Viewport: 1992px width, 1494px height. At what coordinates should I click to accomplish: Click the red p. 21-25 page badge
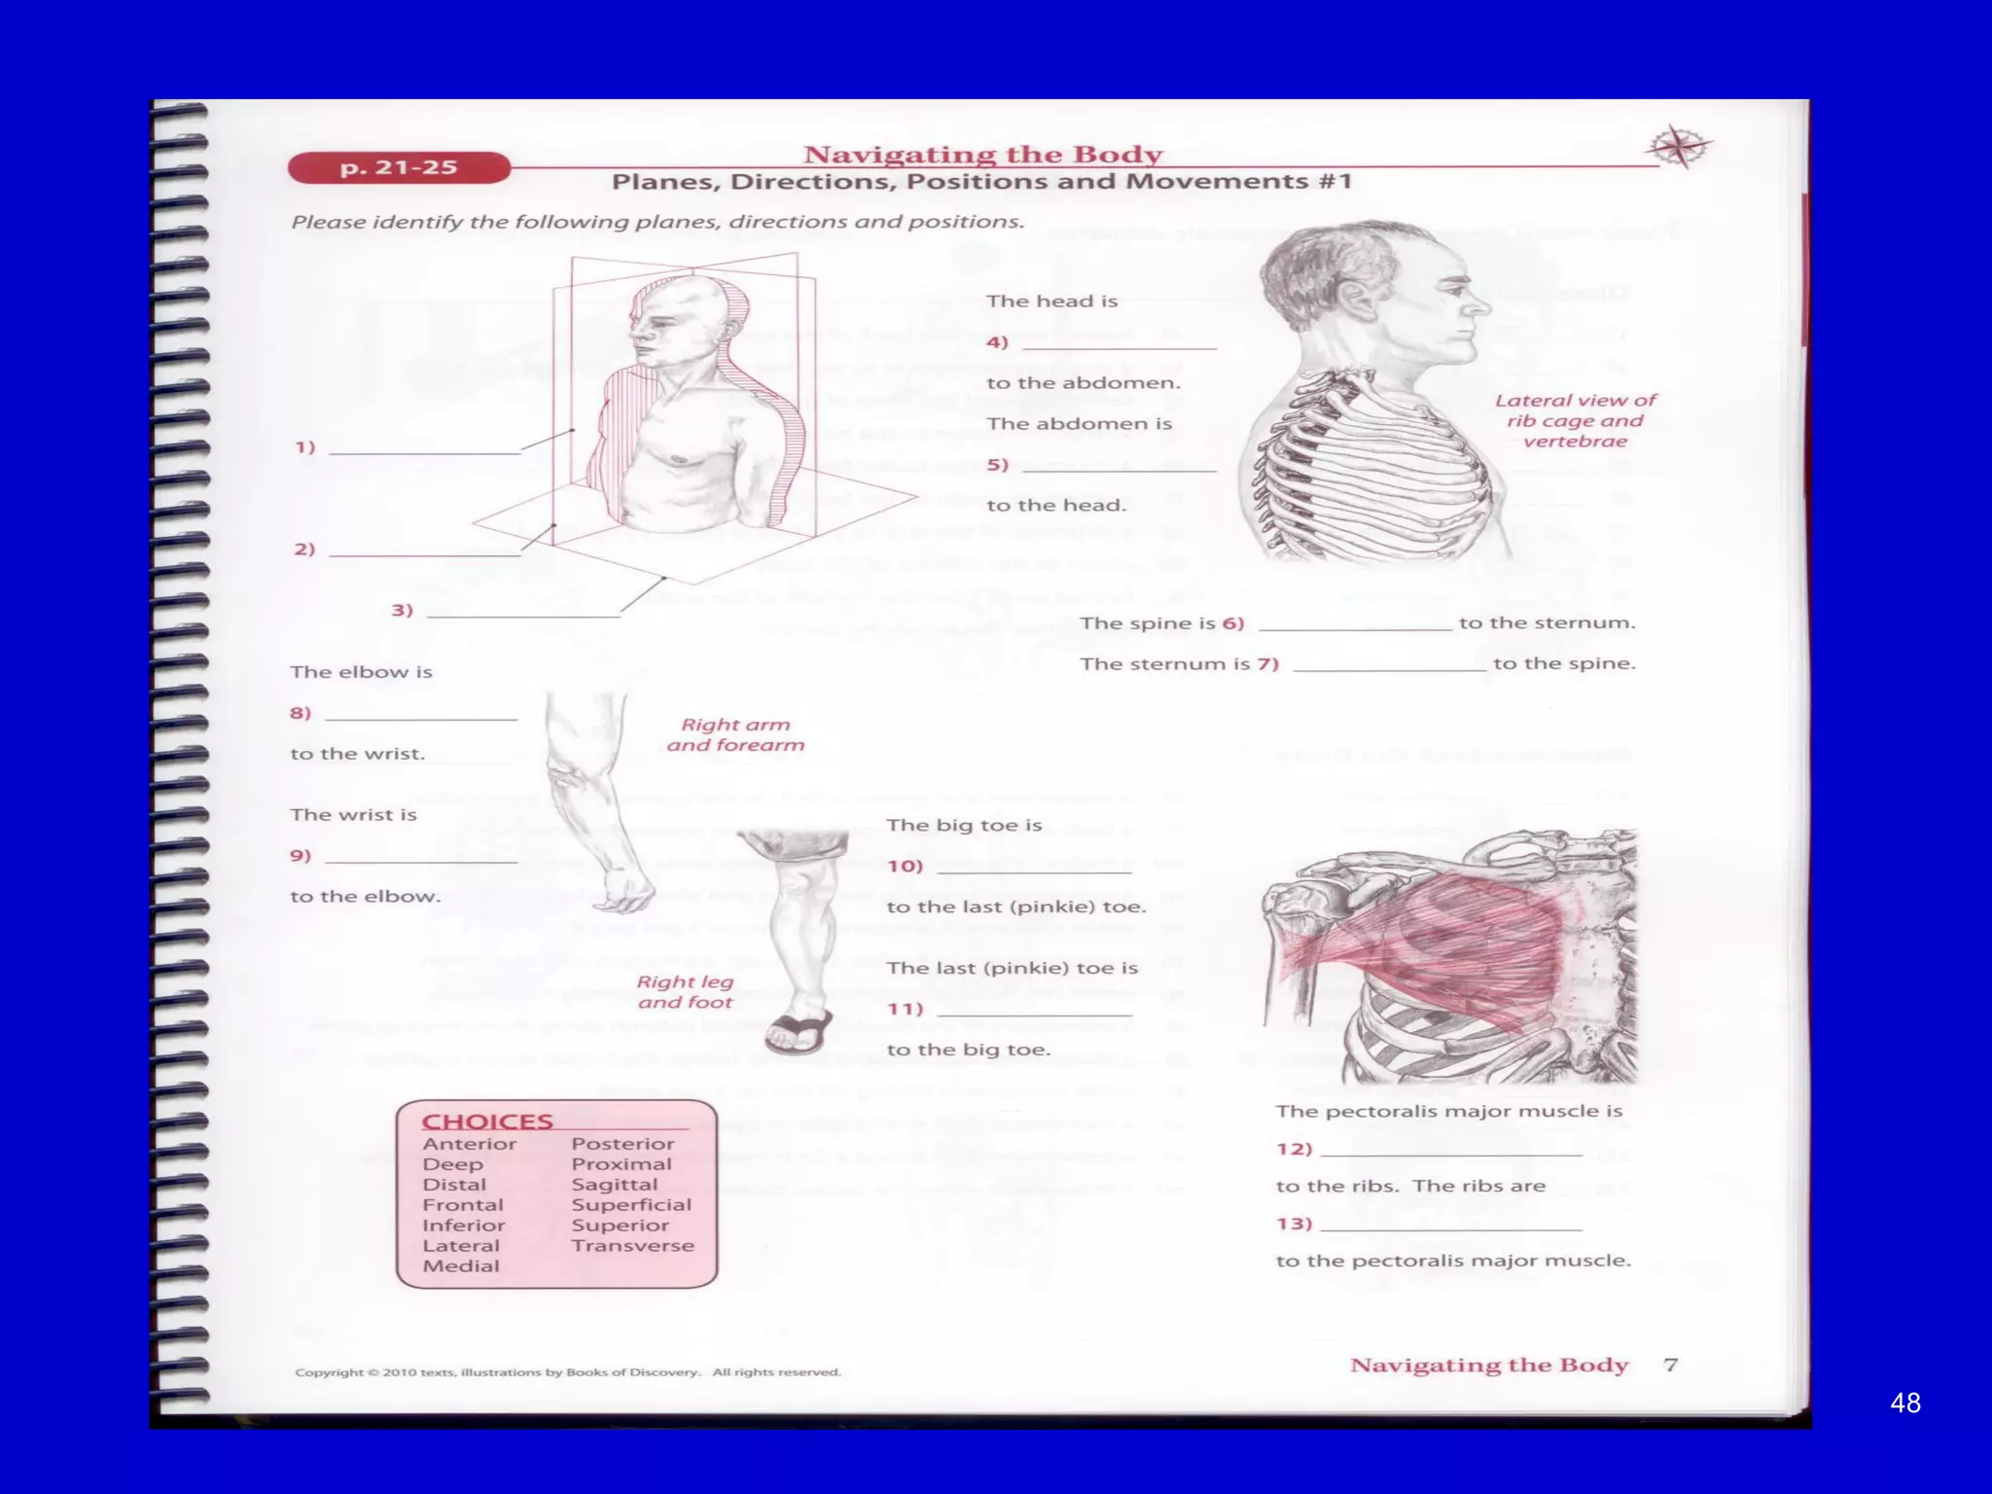(x=399, y=167)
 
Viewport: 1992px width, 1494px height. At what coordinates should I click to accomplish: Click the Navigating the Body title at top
(x=982, y=155)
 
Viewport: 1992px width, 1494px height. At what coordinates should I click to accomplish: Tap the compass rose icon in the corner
(x=1679, y=148)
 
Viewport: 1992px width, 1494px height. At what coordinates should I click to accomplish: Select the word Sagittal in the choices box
(x=614, y=1185)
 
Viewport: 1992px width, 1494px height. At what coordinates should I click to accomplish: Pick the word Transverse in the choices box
(x=632, y=1246)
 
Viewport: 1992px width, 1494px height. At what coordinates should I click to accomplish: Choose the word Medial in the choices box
(x=461, y=1266)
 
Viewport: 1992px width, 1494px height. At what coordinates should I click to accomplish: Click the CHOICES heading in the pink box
(x=486, y=1121)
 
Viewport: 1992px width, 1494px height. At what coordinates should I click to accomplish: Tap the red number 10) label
(x=905, y=866)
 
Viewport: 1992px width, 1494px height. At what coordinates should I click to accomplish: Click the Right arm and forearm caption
(x=735, y=734)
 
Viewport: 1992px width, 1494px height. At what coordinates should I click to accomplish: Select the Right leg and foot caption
(x=685, y=992)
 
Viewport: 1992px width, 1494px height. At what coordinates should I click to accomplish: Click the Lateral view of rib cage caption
(x=1575, y=420)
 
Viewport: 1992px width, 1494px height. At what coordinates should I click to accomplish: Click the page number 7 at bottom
(x=1670, y=1365)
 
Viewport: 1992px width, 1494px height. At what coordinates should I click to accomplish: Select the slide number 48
(x=1904, y=1403)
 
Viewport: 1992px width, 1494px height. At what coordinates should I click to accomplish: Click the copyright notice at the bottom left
(x=567, y=1372)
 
